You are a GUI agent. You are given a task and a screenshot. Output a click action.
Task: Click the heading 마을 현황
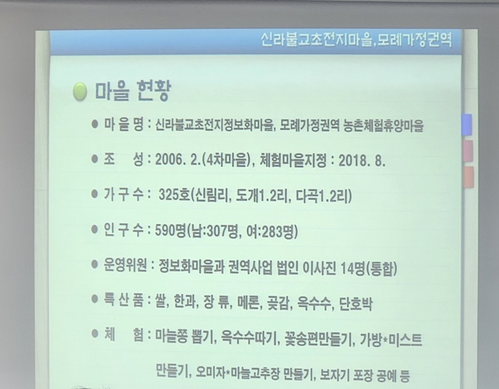(135, 92)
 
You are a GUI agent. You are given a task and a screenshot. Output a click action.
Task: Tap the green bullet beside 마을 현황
(81, 92)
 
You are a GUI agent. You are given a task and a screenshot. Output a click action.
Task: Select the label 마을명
(123, 126)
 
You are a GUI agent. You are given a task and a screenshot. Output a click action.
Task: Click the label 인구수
(123, 230)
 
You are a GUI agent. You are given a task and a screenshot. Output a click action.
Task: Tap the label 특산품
(123, 300)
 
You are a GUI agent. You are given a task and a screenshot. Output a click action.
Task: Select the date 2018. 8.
(359, 160)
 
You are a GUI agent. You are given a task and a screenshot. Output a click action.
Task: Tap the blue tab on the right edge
(467, 124)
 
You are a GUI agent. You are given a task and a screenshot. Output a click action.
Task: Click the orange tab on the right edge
(468, 176)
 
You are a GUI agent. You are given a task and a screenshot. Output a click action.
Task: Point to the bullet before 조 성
(96, 159)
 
